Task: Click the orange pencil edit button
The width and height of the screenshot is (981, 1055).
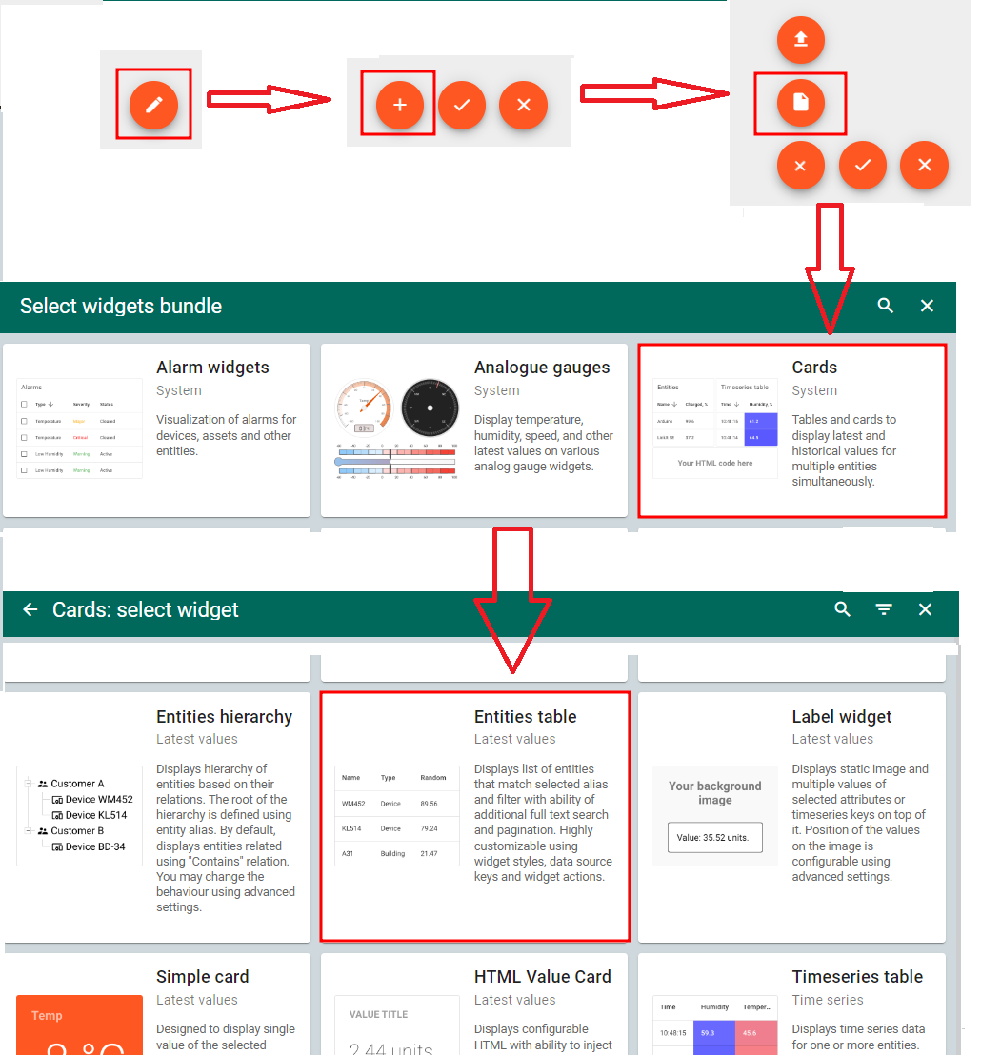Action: (x=154, y=105)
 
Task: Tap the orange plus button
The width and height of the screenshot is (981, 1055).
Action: (x=399, y=105)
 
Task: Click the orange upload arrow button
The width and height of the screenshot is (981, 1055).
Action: (x=800, y=39)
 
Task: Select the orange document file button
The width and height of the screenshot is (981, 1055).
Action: (x=800, y=103)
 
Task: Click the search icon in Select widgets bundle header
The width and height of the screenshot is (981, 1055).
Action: (x=886, y=306)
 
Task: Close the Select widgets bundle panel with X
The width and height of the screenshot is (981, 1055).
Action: (x=927, y=306)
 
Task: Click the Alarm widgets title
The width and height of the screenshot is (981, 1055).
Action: (x=212, y=368)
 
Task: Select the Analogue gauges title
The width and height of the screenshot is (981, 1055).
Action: (x=541, y=368)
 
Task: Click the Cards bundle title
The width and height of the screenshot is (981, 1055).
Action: (x=814, y=368)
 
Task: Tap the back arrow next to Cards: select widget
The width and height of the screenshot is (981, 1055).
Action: (x=30, y=609)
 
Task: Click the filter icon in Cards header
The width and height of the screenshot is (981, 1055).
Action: (x=884, y=609)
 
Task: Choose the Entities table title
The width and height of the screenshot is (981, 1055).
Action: (x=525, y=717)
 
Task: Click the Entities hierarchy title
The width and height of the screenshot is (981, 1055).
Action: (x=224, y=717)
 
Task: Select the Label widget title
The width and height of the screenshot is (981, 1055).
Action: (x=841, y=717)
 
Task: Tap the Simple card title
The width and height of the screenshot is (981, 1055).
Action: (x=202, y=977)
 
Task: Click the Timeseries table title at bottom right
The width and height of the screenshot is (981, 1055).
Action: (x=857, y=977)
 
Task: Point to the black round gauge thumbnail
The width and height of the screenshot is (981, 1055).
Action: (x=430, y=408)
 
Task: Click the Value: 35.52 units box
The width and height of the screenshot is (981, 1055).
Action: (x=714, y=838)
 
